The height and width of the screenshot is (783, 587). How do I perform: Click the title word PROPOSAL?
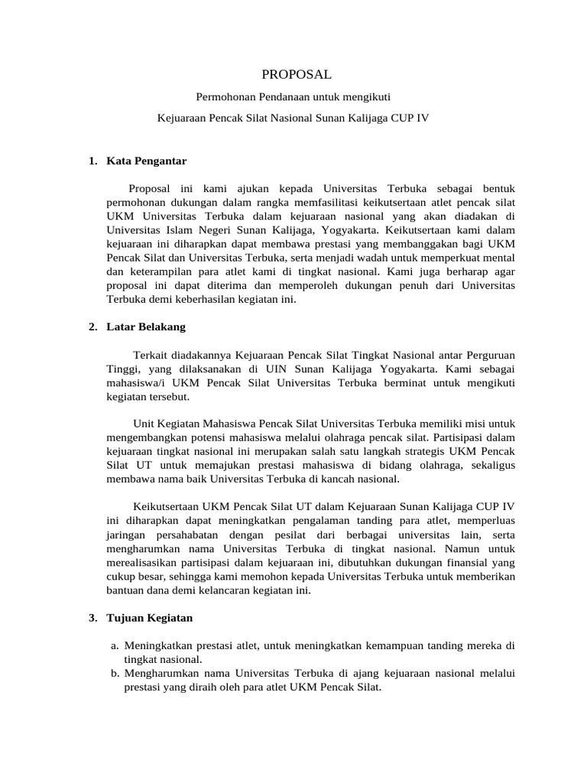click(297, 74)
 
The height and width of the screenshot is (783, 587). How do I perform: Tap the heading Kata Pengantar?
click(146, 161)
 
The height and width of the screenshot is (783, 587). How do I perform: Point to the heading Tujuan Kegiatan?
click(149, 617)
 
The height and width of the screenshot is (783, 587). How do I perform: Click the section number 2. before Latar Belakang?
click(92, 327)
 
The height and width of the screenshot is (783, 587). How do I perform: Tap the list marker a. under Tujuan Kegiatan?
click(115, 645)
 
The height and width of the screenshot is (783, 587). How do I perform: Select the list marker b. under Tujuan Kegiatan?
click(115, 673)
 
